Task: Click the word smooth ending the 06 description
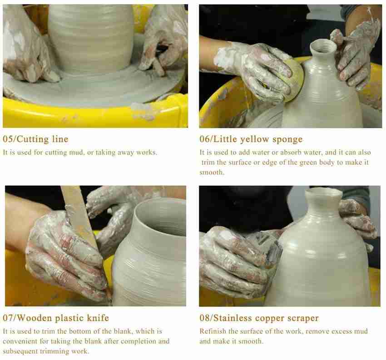pyautogui.click(x=212, y=172)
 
